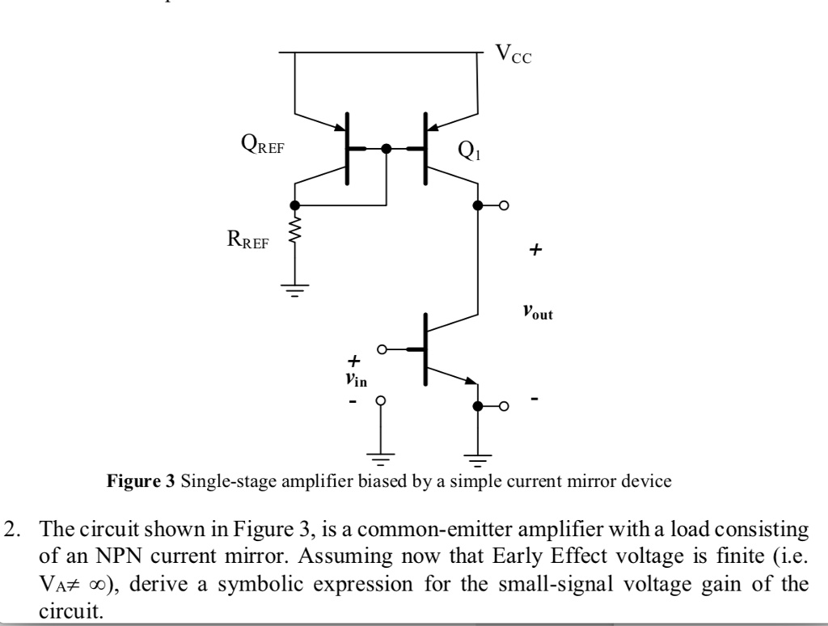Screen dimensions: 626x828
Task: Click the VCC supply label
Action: click(514, 55)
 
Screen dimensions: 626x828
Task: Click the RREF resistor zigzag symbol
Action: click(295, 234)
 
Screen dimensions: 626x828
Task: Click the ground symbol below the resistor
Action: click(295, 291)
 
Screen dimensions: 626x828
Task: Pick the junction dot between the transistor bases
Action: click(387, 149)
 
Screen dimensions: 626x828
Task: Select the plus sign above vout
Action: click(534, 252)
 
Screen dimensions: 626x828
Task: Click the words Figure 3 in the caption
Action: click(142, 483)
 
